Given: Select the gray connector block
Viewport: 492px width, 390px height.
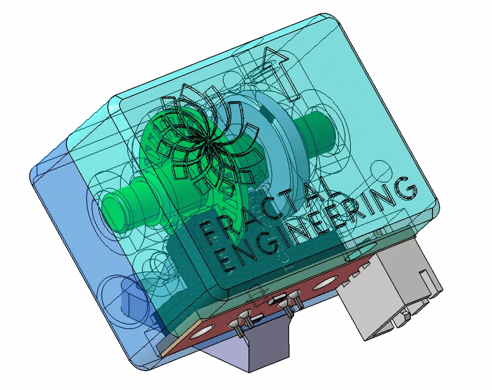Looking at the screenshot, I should [389, 288].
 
